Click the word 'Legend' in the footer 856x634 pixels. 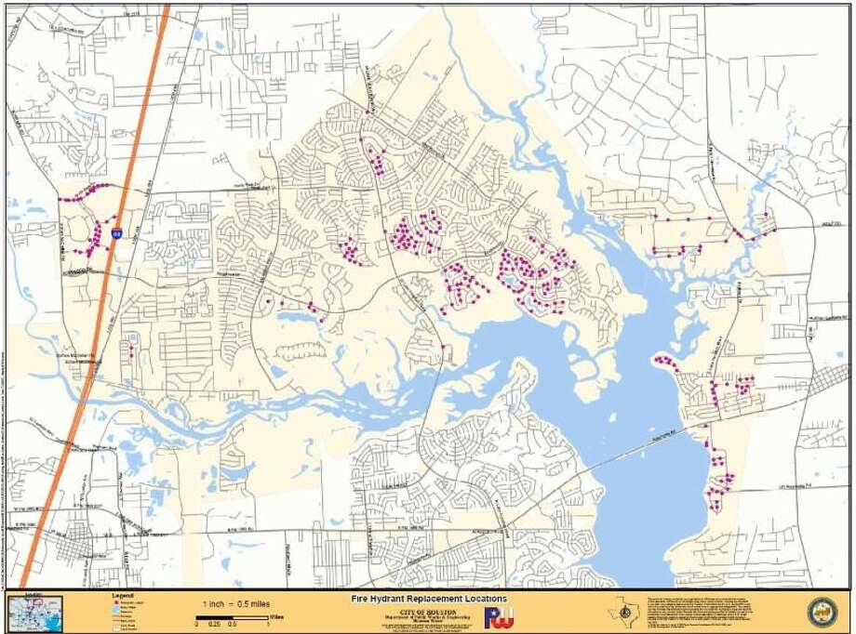click(123, 596)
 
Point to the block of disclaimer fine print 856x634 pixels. click(707, 612)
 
